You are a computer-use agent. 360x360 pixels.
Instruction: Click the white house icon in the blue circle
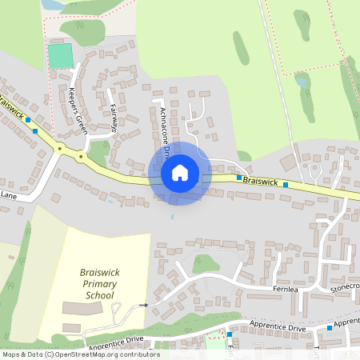[180, 172]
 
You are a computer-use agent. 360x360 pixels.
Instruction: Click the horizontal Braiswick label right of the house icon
[260, 182]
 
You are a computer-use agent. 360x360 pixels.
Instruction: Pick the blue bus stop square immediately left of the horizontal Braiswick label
[238, 178]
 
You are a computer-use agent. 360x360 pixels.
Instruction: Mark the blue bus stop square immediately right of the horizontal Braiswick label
[285, 184]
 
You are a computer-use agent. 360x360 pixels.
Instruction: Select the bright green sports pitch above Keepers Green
[59, 56]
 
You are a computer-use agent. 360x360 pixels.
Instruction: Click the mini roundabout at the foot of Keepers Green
[80, 157]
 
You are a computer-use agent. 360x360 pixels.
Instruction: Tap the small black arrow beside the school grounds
[143, 305]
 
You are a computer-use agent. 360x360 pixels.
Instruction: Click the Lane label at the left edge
[8, 194]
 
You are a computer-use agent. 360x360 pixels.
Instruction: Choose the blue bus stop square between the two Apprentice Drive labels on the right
[329, 328]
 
